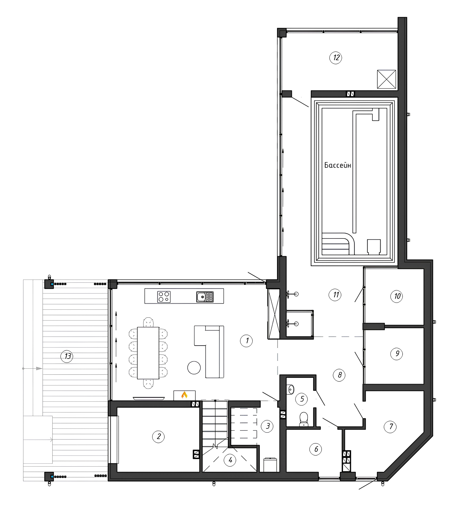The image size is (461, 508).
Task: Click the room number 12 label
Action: pos(336,58)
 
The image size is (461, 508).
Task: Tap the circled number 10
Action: pos(397,296)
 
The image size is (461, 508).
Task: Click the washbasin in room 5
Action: pos(290,389)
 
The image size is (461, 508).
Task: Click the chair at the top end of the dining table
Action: pos(148,322)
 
